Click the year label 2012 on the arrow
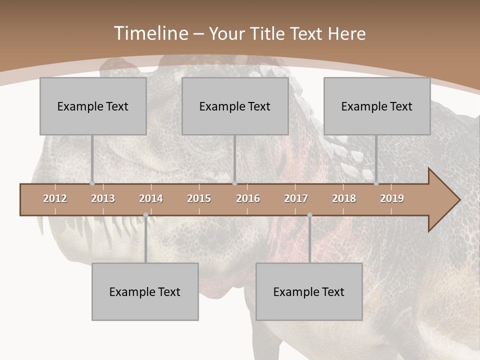coord(55,198)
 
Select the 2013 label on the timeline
coord(103,198)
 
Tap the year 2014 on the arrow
coord(151,198)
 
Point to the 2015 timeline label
coord(199,198)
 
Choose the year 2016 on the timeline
coord(248,198)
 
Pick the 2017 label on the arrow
coord(296,198)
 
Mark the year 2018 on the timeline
coord(344,198)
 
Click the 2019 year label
coord(392,198)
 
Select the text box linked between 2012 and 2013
coord(93,106)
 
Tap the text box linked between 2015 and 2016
coord(235,106)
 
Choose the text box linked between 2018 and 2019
coord(377,106)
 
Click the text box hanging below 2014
coord(145,291)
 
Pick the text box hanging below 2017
coord(309,291)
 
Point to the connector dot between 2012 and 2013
coord(92,183)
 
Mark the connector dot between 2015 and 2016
coord(235,183)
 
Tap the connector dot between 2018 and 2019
coord(376,183)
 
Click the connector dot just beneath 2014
coord(145,215)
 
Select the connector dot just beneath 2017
coord(309,215)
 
